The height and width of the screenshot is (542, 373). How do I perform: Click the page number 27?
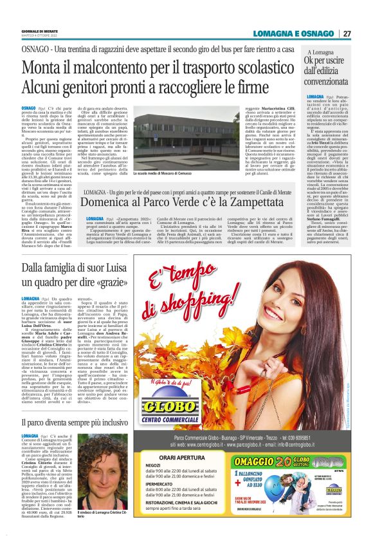[x=347, y=33]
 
